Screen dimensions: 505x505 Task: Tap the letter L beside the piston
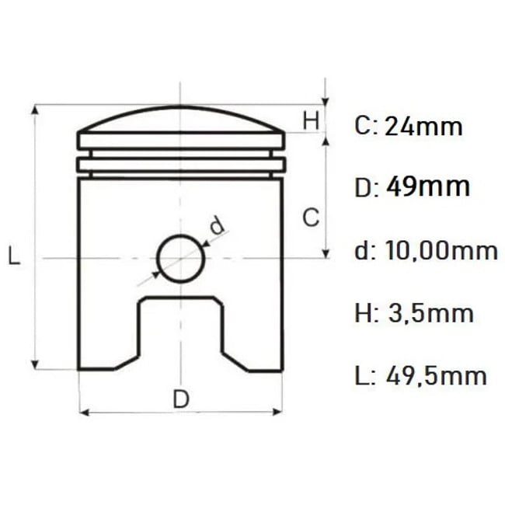point(14,255)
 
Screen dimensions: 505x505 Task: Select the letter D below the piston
point(181,399)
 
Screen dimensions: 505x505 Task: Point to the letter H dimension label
point(311,120)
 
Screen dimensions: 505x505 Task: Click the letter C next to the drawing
point(311,217)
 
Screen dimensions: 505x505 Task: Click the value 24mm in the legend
point(423,126)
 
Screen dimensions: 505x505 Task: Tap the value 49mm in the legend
point(428,186)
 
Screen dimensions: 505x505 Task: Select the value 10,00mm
point(441,251)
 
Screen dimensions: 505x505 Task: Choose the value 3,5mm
point(431,313)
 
